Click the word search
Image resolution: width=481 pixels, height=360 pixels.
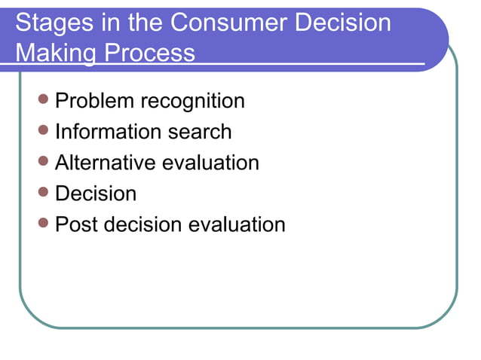[x=200, y=132]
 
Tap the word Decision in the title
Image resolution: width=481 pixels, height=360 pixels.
[x=343, y=24]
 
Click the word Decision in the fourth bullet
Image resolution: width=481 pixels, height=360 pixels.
[x=97, y=194]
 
